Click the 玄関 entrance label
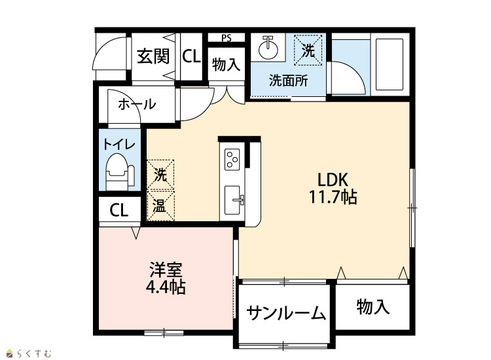pyautogui.click(x=153, y=56)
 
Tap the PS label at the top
pyautogui.click(x=227, y=38)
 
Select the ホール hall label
pyautogui.click(x=137, y=104)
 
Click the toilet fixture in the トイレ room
pyautogui.click(x=120, y=172)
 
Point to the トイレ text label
pyautogui.click(x=119, y=145)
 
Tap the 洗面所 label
pyautogui.click(x=289, y=81)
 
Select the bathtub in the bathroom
pyautogui.click(x=389, y=64)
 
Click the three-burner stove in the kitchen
pyautogui.click(x=232, y=159)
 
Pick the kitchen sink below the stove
pyautogui.click(x=232, y=200)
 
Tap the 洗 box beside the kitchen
pyautogui.click(x=160, y=175)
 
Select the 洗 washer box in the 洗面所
pyautogui.click(x=308, y=50)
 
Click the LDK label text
pyautogui.click(x=333, y=180)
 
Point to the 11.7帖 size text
pyautogui.click(x=333, y=197)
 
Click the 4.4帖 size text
pyautogui.click(x=166, y=287)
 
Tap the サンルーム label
pyautogui.click(x=286, y=313)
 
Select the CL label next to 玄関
pyautogui.click(x=191, y=57)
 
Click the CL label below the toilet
pyautogui.click(x=119, y=210)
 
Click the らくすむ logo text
pyautogui.click(x=34, y=353)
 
